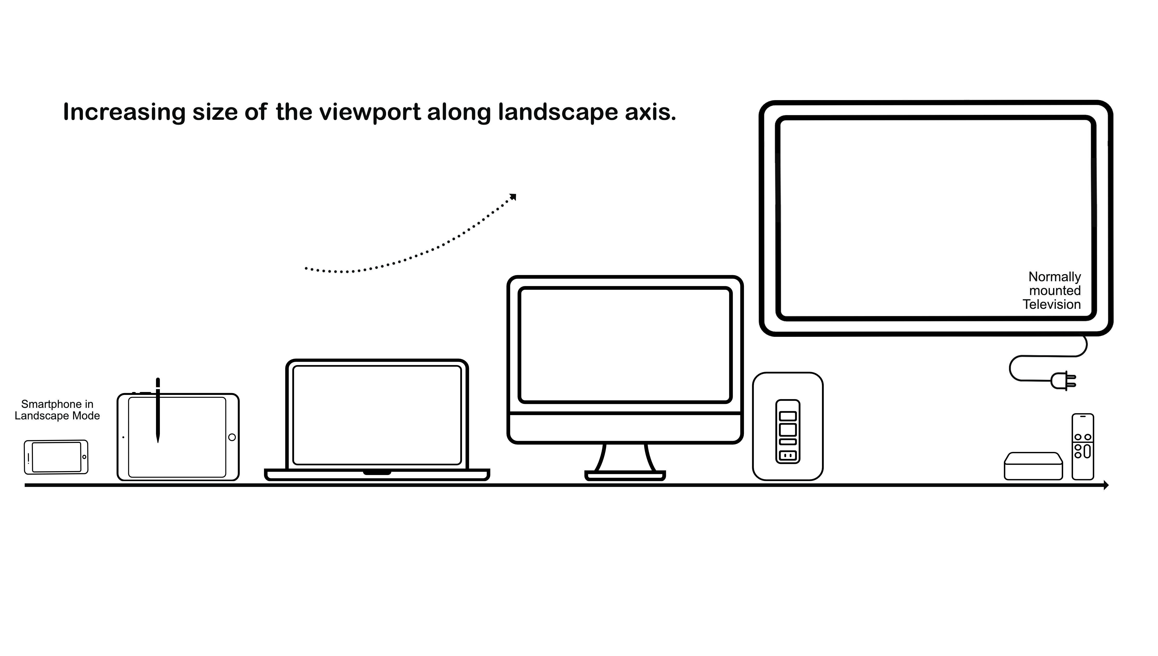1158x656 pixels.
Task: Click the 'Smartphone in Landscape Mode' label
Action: coord(57,410)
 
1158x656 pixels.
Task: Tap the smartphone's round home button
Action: coord(84,457)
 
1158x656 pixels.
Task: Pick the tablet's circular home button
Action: coord(232,437)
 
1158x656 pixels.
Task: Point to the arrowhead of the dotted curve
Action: coord(513,197)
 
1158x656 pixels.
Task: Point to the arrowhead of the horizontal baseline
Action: coord(1106,485)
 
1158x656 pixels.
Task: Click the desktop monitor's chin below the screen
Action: coord(625,428)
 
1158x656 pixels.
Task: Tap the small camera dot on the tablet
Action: coord(123,437)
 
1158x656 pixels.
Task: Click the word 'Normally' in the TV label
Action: coord(1054,277)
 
